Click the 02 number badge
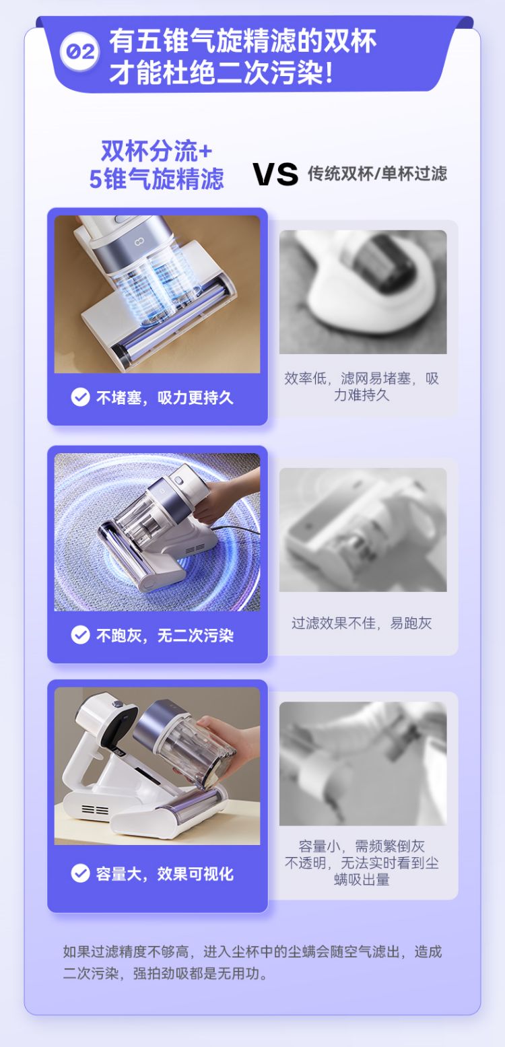tap(80, 51)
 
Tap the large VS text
tap(275, 174)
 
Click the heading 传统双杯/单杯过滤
tap(377, 174)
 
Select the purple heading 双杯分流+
tap(157, 151)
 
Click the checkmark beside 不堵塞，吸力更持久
tap(80, 397)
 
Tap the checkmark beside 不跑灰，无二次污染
tap(80, 635)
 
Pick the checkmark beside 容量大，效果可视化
tap(80, 873)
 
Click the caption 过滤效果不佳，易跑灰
tap(362, 623)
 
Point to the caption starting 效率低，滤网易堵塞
tap(362, 386)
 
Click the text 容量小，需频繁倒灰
tap(362, 846)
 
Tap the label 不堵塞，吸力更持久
tap(164, 397)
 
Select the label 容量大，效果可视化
tap(164, 873)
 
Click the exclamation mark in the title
tap(329, 73)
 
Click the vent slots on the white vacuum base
tap(95, 809)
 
